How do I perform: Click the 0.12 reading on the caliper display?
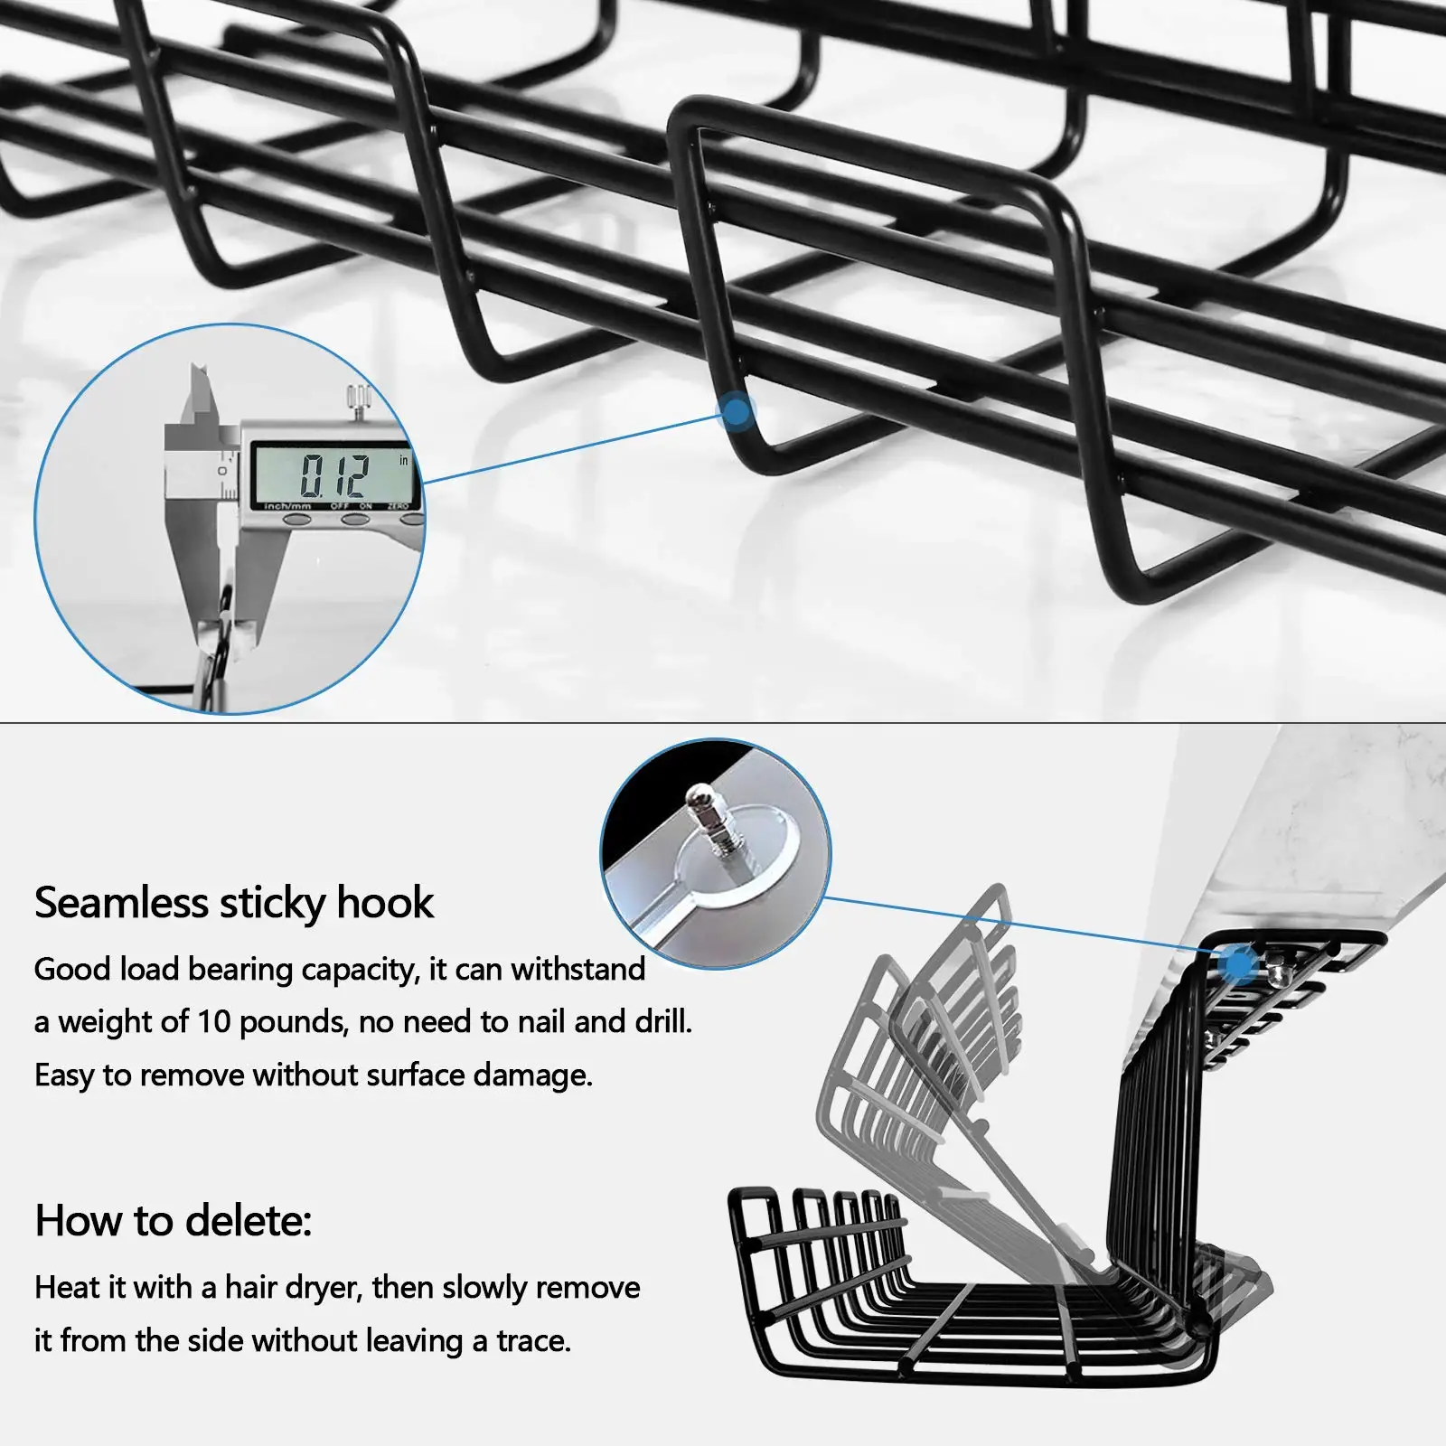tap(334, 474)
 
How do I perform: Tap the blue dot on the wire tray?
tap(737, 413)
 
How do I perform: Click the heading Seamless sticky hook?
tap(234, 902)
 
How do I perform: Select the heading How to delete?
tap(173, 1221)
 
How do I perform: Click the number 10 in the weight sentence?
tap(214, 1022)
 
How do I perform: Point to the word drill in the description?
tap(662, 1022)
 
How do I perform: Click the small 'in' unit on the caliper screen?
tap(403, 460)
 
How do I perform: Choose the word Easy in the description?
tap(63, 1075)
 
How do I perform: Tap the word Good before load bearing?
tap(72, 970)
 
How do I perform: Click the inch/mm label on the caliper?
tap(287, 506)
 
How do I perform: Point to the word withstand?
tap(578, 970)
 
